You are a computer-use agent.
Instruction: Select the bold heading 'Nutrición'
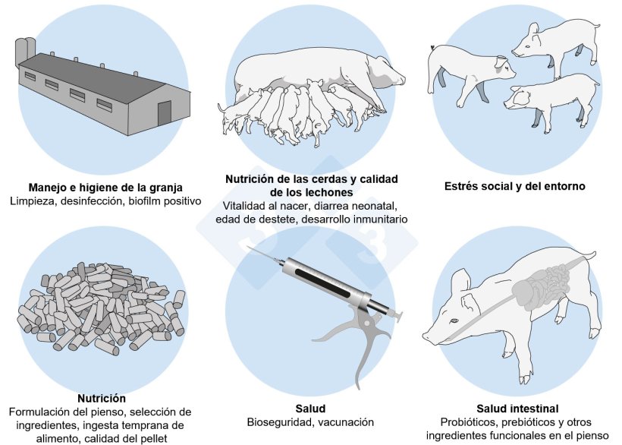102,398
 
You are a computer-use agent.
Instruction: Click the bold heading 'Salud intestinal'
517,409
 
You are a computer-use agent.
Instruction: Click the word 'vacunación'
346,421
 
